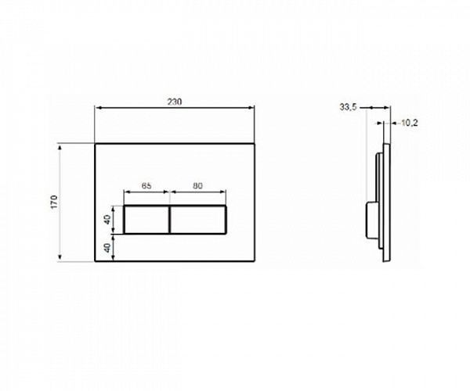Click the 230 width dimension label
click(175, 102)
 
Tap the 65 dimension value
click(146, 187)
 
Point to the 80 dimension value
click(198, 187)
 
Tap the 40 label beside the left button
click(109, 220)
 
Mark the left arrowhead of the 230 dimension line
click(98, 109)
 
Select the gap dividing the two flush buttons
click(170, 220)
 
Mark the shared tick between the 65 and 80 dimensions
click(170, 194)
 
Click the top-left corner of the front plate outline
click(95, 143)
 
